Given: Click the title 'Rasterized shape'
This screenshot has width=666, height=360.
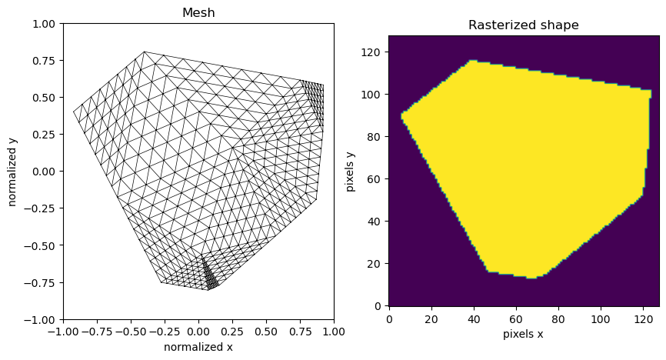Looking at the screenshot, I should click(x=524, y=25).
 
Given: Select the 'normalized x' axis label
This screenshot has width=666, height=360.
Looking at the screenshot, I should click(x=198, y=347).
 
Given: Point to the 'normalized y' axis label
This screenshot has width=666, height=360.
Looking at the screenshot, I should click(x=13, y=172).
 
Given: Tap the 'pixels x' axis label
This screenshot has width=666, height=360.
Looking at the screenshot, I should click(x=524, y=335).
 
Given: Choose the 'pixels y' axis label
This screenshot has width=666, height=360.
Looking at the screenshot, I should click(x=351, y=171).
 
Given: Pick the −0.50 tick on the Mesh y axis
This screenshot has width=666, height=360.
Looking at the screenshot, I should click(x=43, y=245).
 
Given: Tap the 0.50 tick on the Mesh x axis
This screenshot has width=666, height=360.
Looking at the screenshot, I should click(x=266, y=332).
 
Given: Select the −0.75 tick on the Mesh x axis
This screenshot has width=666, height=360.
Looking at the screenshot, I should click(x=97, y=332).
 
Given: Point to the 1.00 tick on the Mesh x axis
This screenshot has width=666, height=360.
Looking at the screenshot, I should click(x=334, y=332).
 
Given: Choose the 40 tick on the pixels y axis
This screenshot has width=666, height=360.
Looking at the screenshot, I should click(x=377, y=222).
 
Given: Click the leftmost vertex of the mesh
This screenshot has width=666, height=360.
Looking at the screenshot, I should click(x=74, y=112).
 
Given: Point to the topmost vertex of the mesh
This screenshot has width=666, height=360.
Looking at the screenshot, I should click(x=145, y=52).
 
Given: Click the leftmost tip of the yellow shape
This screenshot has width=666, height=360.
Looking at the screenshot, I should click(x=401, y=114).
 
